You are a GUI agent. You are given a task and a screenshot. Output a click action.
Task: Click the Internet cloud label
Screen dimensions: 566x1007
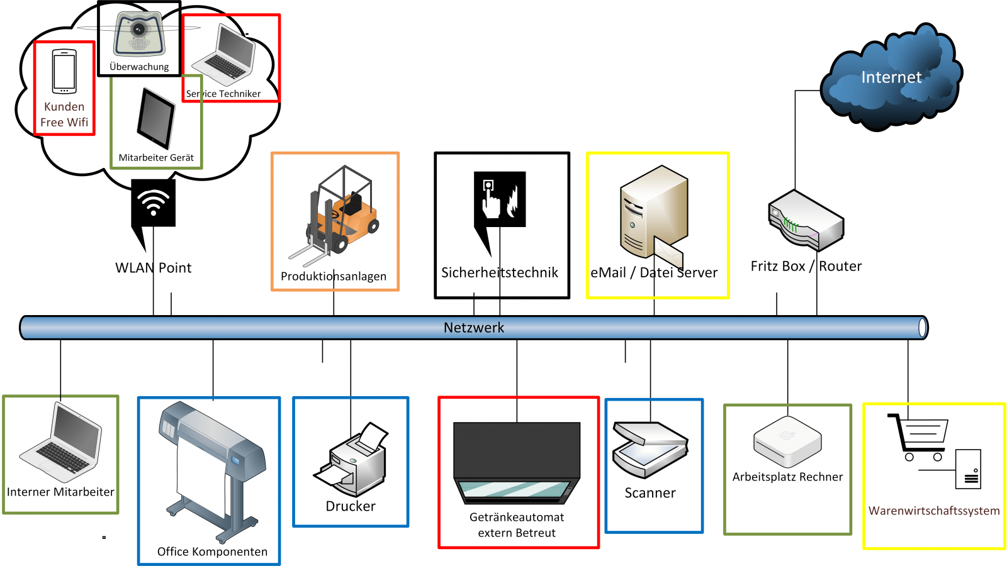(x=891, y=77)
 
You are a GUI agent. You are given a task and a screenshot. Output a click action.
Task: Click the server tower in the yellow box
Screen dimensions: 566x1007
(x=653, y=211)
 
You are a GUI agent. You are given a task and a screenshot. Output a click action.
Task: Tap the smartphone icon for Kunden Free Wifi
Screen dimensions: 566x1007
(x=64, y=72)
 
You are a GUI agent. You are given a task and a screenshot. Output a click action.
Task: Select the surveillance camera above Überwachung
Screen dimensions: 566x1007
(x=139, y=35)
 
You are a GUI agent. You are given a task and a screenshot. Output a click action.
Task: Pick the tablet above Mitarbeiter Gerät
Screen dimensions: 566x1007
(x=155, y=118)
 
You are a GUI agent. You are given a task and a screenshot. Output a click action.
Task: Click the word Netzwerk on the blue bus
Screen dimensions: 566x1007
(x=474, y=328)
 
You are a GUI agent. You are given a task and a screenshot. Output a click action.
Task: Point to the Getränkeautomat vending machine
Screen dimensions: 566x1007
(x=517, y=463)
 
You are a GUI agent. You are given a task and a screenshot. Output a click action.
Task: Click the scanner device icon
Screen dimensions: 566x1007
(x=650, y=450)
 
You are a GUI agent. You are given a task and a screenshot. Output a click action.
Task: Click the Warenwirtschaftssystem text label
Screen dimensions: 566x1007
(x=934, y=511)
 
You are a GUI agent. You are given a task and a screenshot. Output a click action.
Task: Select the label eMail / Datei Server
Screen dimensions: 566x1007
(x=654, y=273)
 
